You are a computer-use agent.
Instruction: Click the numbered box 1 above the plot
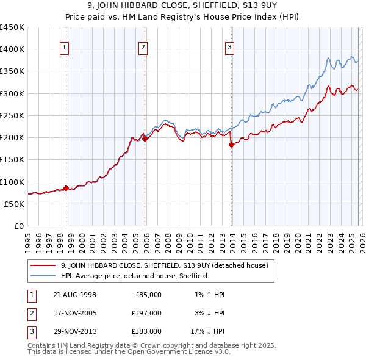pyautogui.click(x=65, y=48)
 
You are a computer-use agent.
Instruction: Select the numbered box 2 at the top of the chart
pyautogui.click(x=143, y=48)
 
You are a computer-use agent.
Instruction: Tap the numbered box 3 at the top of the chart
pyautogui.click(x=230, y=48)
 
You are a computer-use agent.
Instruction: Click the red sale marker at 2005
pyautogui.click(x=145, y=139)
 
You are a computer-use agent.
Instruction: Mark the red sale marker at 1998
pyautogui.click(x=66, y=188)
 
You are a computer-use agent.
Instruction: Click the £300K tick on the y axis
pyautogui.click(x=12, y=93)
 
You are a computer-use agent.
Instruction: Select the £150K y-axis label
pyautogui.click(x=12, y=160)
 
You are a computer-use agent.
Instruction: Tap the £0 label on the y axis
pyautogui.click(x=18, y=226)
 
